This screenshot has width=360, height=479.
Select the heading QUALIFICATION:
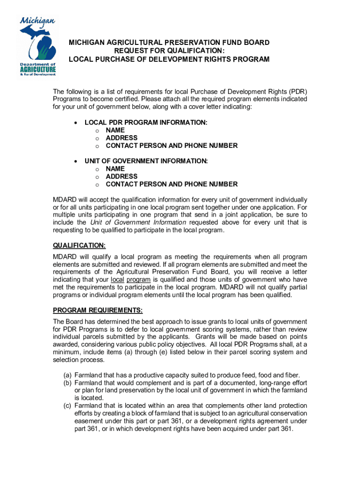pyautogui.click(x=79, y=246)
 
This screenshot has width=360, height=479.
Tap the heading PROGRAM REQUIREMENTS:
pyautogui.click(x=98, y=311)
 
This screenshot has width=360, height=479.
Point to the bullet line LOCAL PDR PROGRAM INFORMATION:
pyautogui.click(x=146, y=123)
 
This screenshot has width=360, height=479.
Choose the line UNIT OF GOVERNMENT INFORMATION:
pyautogui.click(x=146, y=161)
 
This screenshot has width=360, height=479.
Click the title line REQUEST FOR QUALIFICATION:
pyautogui.click(x=169, y=51)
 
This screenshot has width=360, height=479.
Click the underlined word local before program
pyautogui.click(x=117, y=280)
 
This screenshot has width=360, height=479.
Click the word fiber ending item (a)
pyautogui.click(x=290, y=375)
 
